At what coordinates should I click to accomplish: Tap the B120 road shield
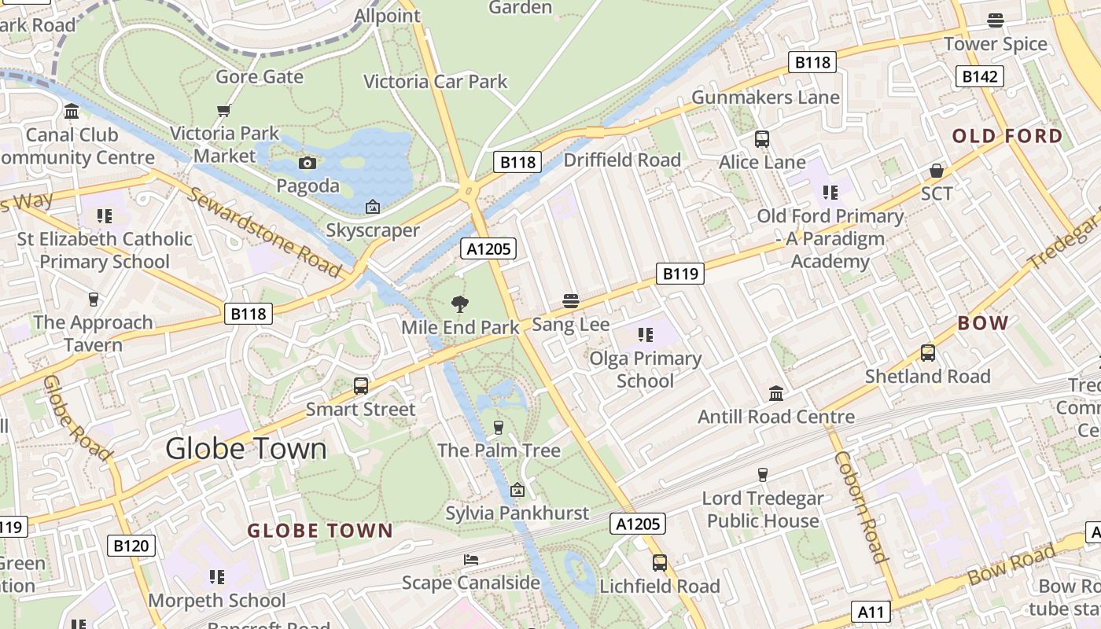131,546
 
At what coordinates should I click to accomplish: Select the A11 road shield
871,612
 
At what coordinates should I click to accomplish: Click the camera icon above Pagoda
307,163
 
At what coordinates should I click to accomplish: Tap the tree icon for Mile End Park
460,303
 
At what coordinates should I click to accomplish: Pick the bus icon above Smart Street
361,386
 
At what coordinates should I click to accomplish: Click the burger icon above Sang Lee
571,301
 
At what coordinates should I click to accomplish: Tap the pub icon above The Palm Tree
498,427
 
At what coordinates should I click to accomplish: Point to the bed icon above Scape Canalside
471,560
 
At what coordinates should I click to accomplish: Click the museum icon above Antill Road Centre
775,393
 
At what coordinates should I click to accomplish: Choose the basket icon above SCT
937,171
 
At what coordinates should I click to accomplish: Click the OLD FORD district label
1007,136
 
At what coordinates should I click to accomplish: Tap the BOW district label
983,323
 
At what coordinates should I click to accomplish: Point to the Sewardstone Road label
264,233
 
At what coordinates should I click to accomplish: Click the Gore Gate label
260,76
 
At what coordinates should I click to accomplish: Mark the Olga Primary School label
646,370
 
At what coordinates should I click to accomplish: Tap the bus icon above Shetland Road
928,353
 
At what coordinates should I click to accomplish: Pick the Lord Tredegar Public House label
762,509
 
